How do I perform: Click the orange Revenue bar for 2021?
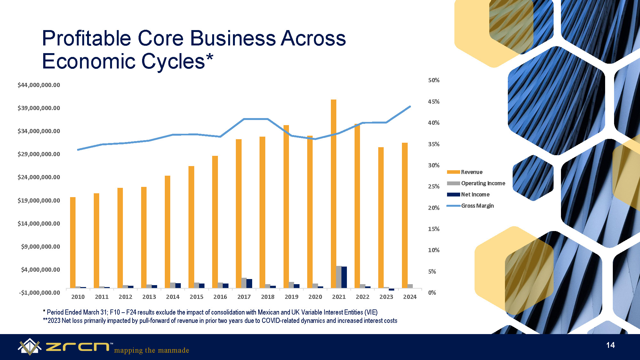coord(333,194)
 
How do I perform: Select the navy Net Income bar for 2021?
coord(344,277)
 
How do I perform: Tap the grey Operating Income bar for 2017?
coord(244,283)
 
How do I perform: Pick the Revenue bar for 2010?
coord(73,243)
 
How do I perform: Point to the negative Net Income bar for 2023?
coord(391,289)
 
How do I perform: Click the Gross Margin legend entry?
coord(470,206)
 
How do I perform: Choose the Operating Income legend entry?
coord(476,183)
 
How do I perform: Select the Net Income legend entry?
coord(468,195)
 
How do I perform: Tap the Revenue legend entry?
coord(465,172)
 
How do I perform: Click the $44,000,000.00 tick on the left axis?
coord(39,85)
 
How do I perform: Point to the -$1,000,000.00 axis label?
coord(39,293)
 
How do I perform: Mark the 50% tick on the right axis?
coord(434,80)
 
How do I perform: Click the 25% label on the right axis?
coord(434,187)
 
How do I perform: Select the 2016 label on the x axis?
coord(220,297)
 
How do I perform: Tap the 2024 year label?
coord(410,297)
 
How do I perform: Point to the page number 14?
coord(610,345)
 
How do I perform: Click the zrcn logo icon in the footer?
coord(29,347)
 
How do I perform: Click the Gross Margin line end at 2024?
coord(410,107)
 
